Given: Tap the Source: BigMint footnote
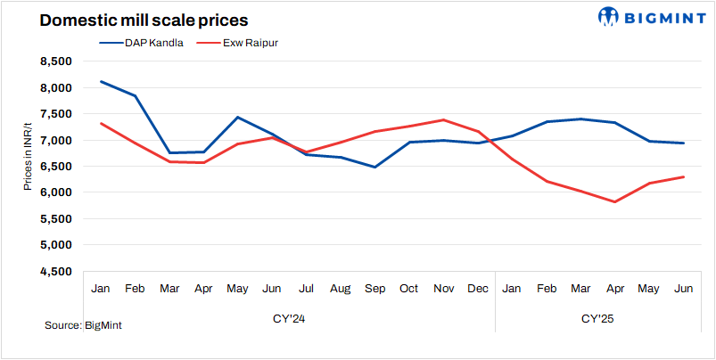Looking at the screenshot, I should [x=83, y=325].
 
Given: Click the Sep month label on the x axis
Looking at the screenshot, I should [x=375, y=289].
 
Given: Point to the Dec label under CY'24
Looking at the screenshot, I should [x=478, y=289].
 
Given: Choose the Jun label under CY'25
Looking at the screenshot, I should [x=684, y=289].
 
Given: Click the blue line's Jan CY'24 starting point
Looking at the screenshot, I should [x=101, y=82].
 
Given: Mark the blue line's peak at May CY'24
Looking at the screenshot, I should [x=238, y=117].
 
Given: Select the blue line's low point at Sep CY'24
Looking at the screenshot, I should [x=375, y=167].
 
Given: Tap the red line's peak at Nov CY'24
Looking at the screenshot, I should [x=444, y=119].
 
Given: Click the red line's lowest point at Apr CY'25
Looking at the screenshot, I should [x=615, y=201].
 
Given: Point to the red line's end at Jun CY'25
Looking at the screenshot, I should [x=684, y=176].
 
